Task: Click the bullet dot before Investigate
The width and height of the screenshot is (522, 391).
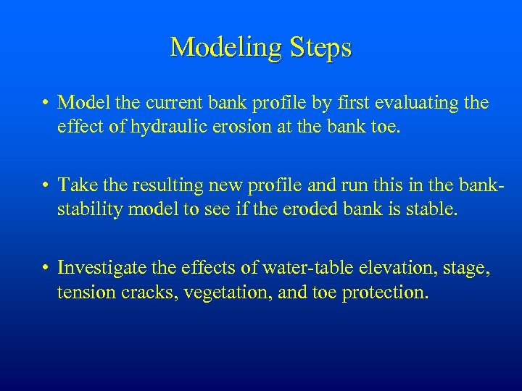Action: point(45,269)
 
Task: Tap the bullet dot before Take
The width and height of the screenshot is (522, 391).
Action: point(45,186)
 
